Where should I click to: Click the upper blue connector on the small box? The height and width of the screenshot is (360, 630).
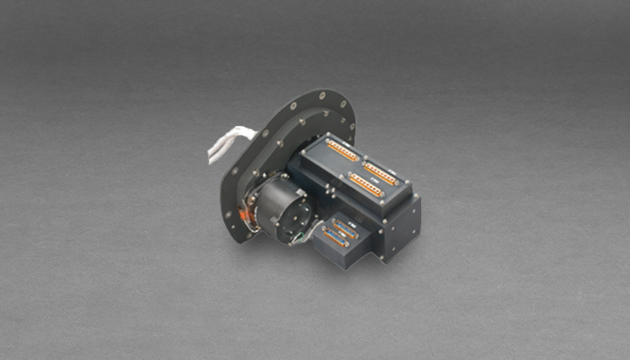pyautogui.click(x=345, y=227)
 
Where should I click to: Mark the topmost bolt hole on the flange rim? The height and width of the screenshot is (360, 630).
pyautogui.click(x=320, y=95)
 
